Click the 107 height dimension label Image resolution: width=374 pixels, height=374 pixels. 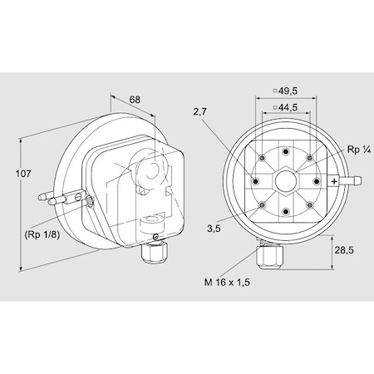[23, 174]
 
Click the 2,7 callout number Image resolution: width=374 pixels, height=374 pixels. [198, 111]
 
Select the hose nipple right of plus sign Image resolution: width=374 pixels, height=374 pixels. [352, 180]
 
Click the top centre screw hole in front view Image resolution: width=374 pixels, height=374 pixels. [283, 152]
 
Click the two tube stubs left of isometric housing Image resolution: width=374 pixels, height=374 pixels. [57, 198]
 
